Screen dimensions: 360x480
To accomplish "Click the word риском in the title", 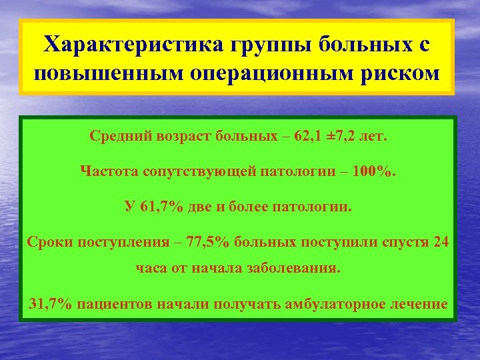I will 403,71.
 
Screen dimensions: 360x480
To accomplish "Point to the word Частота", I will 108,172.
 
